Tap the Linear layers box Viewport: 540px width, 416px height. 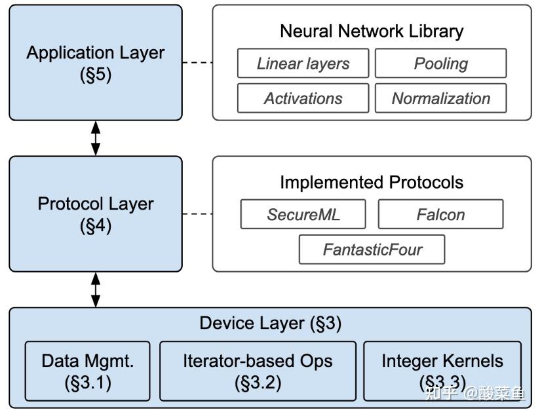click(x=303, y=64)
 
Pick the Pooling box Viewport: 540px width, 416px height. click(x=440, y=64)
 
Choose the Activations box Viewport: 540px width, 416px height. click(x=303, y=98)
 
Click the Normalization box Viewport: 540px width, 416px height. click(x=440, y=98)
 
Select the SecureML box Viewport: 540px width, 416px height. click(x=303, y=214)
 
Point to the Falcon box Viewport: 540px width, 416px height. click(x=440, y=214)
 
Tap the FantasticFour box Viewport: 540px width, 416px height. click(x=372, y=250)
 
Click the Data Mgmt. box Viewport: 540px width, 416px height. click(x=87, y=370)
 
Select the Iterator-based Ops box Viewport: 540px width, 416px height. click(x=258, y=370)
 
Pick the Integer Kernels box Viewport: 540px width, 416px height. click(x=442, y=370)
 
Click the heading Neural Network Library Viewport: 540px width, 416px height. click(x=372, y=31)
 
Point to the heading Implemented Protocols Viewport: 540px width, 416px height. click(x=372, y=181)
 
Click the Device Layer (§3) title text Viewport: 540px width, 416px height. click(x=270, y=323)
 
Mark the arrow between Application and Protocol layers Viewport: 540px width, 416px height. click(x=96, y=138)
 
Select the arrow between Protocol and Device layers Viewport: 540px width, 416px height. click(x=96, y=290)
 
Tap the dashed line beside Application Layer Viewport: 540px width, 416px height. click(x=197, y=63)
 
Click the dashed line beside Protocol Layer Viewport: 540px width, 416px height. click(x=197, y=214)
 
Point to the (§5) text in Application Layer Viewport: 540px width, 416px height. click(x=95, y=74)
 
